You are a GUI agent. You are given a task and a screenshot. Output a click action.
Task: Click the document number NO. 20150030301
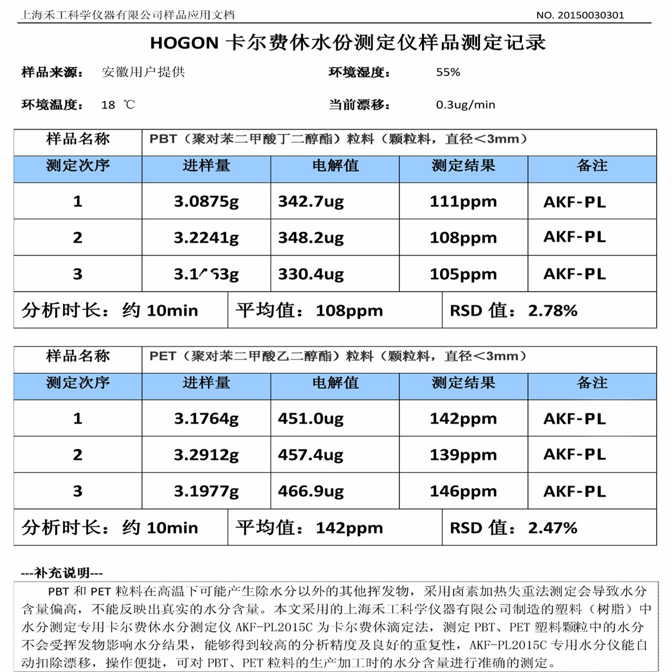coord(580,15)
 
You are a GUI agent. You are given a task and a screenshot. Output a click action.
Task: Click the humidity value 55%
coord(448,72)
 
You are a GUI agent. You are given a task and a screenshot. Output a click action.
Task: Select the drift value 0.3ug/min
coord(465,104)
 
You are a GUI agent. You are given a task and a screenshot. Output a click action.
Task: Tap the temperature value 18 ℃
coord(118,105)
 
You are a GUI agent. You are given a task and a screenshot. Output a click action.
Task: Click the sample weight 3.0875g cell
coord(206,201)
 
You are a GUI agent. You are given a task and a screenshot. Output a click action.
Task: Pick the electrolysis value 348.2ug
coord(311,238)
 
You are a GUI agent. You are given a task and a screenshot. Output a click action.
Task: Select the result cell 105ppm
coord(463,274)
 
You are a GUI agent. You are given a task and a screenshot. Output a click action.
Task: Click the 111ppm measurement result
coord(463,201)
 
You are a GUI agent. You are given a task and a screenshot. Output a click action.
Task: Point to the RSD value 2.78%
coord(552,310)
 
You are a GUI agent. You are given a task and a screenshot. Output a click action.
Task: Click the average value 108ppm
coord(349,310)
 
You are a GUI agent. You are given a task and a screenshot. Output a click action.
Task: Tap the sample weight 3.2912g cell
coord(206,455)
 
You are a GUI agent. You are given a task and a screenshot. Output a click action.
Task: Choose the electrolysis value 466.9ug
coord(311,491)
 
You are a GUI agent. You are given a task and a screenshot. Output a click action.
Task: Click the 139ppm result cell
coord(463,455)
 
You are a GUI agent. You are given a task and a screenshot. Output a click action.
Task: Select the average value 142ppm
coord(349,528)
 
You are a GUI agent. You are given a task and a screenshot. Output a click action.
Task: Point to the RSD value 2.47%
coord(552,528)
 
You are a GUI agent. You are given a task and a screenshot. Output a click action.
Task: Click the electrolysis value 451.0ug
coord(311,418)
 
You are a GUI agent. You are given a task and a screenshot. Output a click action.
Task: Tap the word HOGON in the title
coord(184,43)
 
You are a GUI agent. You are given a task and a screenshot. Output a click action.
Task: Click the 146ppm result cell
coord(463,491)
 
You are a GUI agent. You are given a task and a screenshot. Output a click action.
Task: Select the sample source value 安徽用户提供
coord(143,72)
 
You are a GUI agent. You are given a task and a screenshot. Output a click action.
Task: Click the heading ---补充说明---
coord(62,573)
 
